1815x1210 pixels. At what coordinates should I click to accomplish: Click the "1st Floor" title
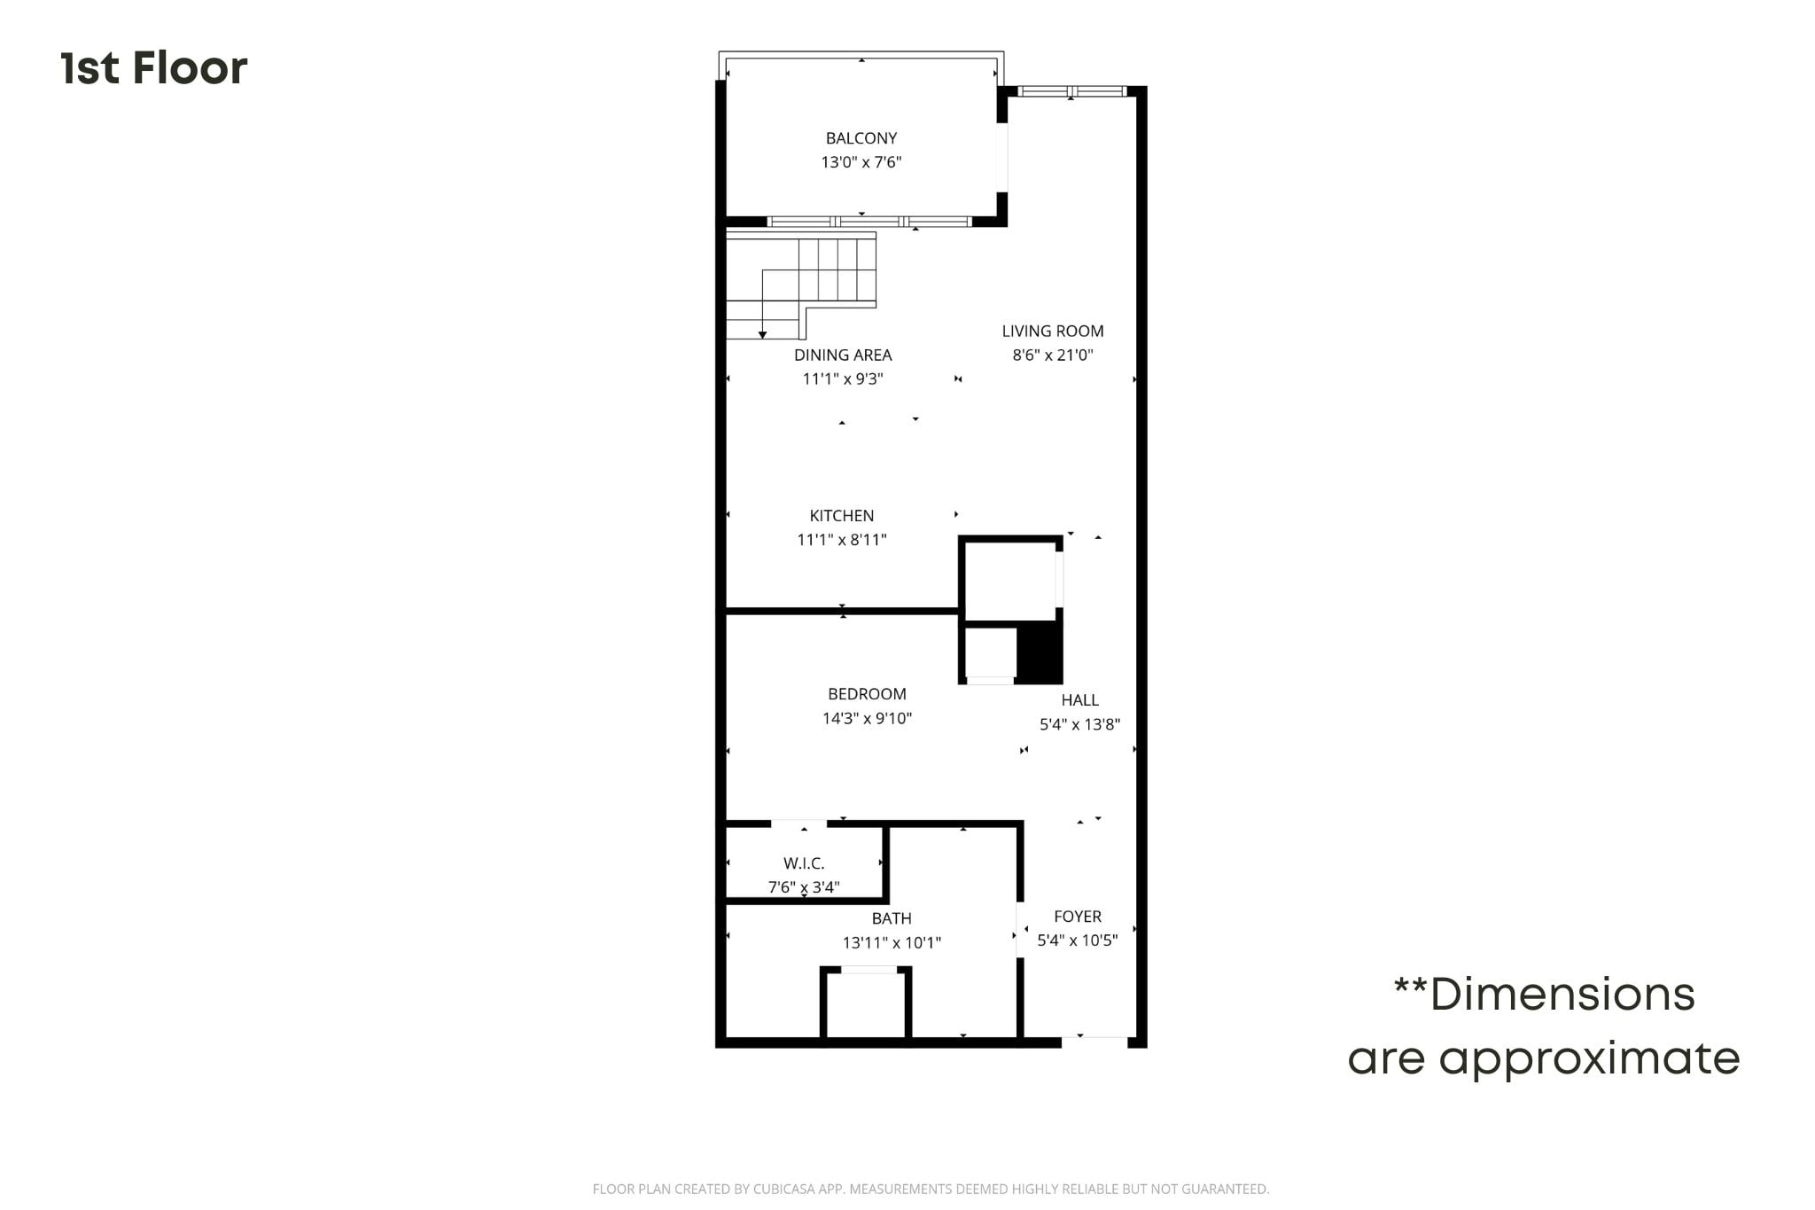(154, 68)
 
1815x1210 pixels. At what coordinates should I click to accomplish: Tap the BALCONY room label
(861, 138)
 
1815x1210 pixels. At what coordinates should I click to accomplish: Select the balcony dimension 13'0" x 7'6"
(861, 162)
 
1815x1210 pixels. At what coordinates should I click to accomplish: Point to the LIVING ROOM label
(1053, 332)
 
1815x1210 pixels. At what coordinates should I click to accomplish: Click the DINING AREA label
(843, 355)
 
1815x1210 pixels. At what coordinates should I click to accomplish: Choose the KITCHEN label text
(842, 516)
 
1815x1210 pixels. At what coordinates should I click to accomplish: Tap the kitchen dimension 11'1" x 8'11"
(842, 540)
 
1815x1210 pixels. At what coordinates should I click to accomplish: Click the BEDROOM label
(867, 694)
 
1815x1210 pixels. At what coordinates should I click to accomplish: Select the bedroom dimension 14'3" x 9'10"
(867, 718)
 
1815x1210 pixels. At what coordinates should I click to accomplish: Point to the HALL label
(1080, 700)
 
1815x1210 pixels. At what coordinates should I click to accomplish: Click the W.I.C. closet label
(804, 863)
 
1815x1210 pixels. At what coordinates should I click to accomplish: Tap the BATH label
(892, 919)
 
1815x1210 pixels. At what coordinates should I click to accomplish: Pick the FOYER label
(1078, 917)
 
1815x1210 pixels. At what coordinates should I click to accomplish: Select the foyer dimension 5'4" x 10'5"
(1078, 941)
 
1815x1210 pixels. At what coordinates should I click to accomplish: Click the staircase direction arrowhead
(762, 335)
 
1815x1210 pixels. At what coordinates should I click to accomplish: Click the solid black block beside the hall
(1039, 653)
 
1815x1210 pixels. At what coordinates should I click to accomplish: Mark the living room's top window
(1071, 91)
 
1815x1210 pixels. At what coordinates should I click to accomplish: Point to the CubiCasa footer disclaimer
(931, 1190)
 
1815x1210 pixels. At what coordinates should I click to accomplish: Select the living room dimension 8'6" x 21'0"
(1053, 355)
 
